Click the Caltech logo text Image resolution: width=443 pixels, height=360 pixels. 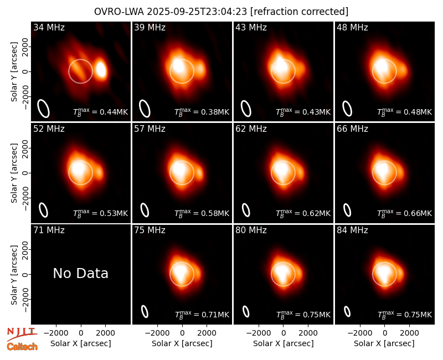22,347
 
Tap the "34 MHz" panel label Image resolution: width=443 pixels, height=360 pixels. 49,27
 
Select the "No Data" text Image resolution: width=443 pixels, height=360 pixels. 80,273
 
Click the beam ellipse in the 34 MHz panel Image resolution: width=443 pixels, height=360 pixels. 44,108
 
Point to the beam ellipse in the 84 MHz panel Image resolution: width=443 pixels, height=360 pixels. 347,311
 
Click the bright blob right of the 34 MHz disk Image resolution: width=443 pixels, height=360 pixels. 101,70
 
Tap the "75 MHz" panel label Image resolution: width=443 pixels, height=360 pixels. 150,230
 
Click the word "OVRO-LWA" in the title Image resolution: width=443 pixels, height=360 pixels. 119,12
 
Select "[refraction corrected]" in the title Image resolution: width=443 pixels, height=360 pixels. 299,12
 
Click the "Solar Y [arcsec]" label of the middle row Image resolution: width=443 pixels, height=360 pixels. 14,173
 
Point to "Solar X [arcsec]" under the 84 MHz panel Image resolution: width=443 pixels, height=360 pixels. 384,343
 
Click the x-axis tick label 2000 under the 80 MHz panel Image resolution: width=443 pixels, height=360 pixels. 308,333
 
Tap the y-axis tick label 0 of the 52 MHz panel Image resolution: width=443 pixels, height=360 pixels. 25,173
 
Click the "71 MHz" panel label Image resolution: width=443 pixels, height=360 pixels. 49,230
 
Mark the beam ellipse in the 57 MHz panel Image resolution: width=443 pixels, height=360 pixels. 145,210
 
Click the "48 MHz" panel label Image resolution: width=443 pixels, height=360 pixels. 352,27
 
